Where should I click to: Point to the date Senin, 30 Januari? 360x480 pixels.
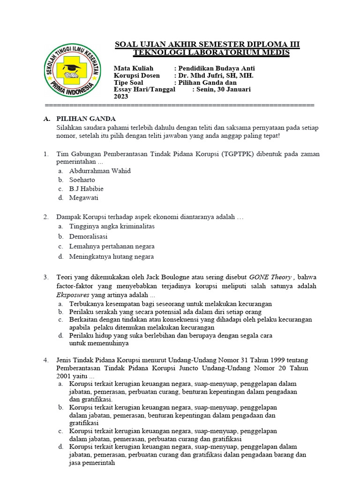coord(224,89)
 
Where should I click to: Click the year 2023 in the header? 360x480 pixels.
coord(121,96)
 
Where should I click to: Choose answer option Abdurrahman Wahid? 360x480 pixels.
coord(100,171)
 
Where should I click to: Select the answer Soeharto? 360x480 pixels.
coord(82,180)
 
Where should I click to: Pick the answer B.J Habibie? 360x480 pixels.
coord(86,188)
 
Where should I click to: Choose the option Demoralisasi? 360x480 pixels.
coord(88,236)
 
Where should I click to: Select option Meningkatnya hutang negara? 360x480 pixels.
coord(111,256)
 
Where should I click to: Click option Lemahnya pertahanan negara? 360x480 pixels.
coord(112,246)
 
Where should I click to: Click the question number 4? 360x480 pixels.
coord(46,360)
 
